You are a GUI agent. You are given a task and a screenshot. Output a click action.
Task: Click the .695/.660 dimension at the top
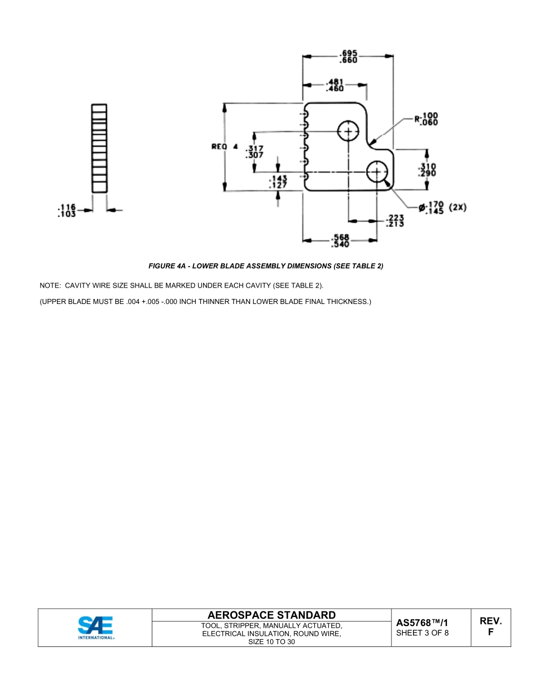[348, 57]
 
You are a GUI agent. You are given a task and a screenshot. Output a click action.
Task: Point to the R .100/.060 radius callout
[427, 119]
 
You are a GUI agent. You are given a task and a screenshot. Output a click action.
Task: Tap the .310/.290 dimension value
[428, 170]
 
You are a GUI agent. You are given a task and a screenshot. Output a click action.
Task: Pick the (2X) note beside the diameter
[458, 207]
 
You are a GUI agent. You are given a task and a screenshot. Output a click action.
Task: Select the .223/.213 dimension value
[394, 221]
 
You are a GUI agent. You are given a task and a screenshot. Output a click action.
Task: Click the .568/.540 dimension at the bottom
[340, 241]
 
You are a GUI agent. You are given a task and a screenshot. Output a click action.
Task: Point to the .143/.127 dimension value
[278, 181]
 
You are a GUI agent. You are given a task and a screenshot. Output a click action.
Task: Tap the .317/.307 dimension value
[254, 152]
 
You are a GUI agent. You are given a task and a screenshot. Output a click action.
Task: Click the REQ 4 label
[225, 147]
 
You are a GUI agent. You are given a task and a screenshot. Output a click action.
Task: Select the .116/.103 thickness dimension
[67, 211]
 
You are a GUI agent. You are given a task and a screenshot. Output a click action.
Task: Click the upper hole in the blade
[348, 132]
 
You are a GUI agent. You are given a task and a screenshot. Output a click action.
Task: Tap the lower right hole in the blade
[377, 171]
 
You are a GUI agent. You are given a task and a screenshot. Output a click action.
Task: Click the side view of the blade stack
[99, 148]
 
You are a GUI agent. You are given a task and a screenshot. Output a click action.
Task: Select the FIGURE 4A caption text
[266, 266]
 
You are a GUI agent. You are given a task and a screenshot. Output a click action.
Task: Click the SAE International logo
[95, 627]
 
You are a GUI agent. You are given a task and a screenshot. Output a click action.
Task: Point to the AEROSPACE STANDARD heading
[271, 615]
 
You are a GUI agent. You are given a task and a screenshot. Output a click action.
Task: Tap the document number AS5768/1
[422, 623]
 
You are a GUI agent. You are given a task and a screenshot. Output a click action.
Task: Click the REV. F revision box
[490, 627]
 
